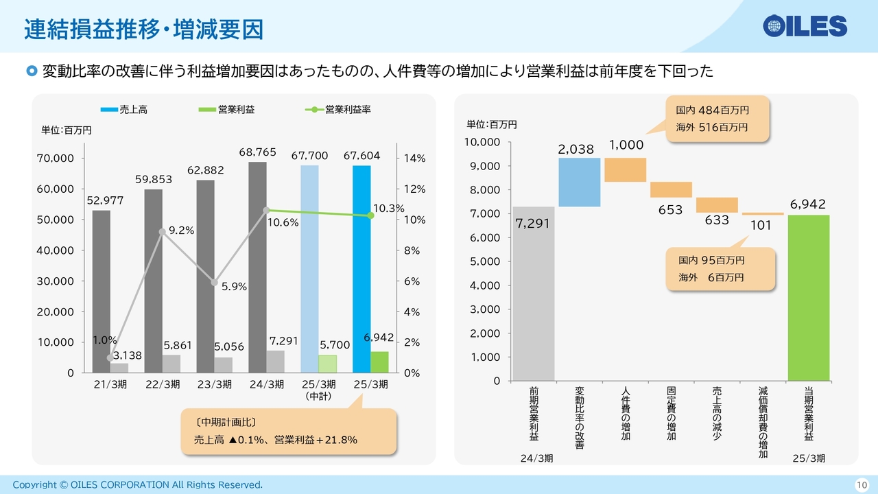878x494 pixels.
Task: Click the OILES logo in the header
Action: tap(805, 26)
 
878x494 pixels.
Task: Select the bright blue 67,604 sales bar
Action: tap(361, 269)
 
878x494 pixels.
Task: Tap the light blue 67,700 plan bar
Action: tap(309, 269)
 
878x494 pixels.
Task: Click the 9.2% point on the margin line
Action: tap(163, 232)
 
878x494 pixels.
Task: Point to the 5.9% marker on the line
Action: tap(215, 282)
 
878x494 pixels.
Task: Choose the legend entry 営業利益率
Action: tap(338, 109)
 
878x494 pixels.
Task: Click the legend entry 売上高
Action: tap(124, 109)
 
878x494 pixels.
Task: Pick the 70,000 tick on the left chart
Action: tap(56, 158)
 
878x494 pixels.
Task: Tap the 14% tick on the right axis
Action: tap(415, 158)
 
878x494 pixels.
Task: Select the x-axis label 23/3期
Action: tap(215, 384)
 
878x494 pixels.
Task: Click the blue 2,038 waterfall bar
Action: tap(580, 183)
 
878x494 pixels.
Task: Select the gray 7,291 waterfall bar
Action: tap(534, 294)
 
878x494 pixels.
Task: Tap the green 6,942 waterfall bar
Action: tap(809, 298)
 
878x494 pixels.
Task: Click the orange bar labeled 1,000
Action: tap(625, 169)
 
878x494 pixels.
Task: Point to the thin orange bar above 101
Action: tap(763, 214)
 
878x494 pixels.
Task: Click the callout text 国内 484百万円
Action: tap(712, 110)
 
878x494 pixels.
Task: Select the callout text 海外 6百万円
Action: tap(711, 278)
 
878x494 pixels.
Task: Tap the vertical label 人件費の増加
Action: tap(626, 413)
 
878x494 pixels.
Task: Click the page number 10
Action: tap(862, 485)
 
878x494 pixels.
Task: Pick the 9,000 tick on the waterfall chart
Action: tap(485, 166)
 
